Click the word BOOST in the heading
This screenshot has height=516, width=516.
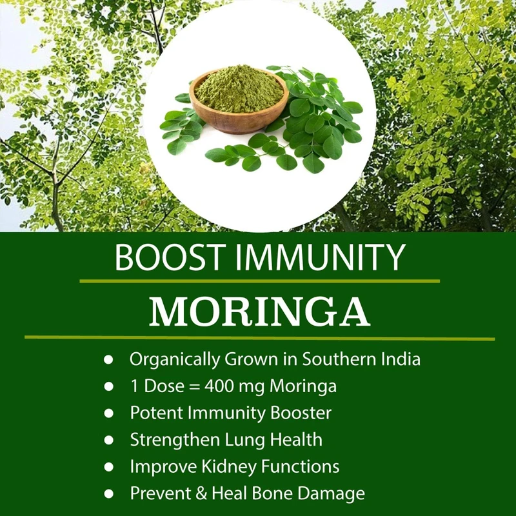coord(168,257)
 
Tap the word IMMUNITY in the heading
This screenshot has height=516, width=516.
coord(319,257)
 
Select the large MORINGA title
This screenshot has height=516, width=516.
coord(260,312)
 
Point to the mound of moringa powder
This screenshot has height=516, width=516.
coord(239,88)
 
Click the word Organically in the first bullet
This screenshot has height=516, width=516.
coord(175,359)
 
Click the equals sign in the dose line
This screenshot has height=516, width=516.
coord(195,386)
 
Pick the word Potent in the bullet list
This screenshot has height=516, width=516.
coord(156,413)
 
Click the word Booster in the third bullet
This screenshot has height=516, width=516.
coord(301,413)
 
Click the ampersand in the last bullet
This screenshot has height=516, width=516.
coord(201,493)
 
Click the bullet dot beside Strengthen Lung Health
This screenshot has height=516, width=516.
coord(108,440)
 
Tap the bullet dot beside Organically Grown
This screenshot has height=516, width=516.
coord(108,359)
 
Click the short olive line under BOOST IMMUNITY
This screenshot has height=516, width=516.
coord(260,281)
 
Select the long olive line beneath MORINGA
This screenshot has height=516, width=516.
coord(260,337)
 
